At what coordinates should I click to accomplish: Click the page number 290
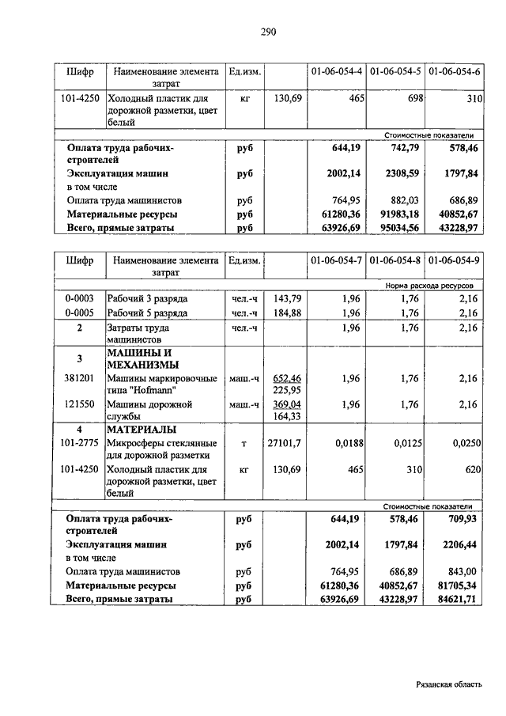tap(267, 32)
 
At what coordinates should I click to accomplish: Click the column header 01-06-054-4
tap(336, 71)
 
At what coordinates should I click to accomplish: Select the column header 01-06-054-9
tap(454, 260)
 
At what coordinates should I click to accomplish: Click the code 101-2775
tap(79, 443)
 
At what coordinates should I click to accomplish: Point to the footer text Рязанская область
tap(448, 686)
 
